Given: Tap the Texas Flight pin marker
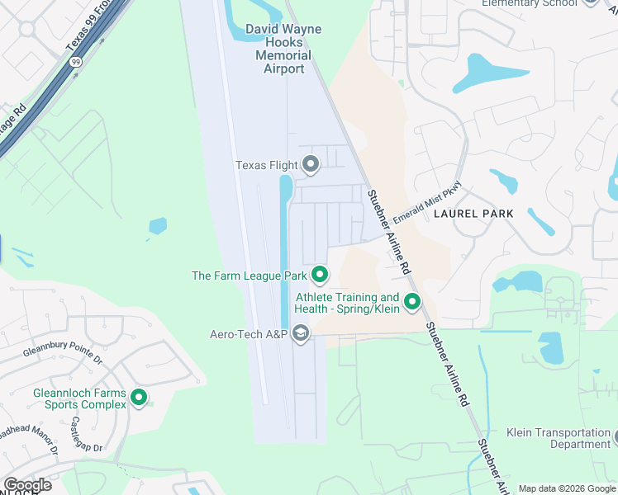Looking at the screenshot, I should pos(311,164).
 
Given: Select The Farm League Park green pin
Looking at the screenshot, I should pos(320,274).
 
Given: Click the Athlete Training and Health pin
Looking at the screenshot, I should pos(411,302).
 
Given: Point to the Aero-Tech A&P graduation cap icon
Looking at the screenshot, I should pos(300,333).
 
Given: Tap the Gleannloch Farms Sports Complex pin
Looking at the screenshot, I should pos(139,398).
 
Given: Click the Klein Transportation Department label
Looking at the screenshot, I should pos(559,438).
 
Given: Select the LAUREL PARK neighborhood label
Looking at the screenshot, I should pos(473,214).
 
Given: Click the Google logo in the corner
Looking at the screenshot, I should pos(27,485).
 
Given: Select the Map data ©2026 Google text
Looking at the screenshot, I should pos(566,488).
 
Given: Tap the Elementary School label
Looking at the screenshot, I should pos(529,3).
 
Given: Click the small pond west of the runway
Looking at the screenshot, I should pos(157,225).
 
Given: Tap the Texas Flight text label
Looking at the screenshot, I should pos(266,165).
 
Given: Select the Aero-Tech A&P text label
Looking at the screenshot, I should pos(248,334).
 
